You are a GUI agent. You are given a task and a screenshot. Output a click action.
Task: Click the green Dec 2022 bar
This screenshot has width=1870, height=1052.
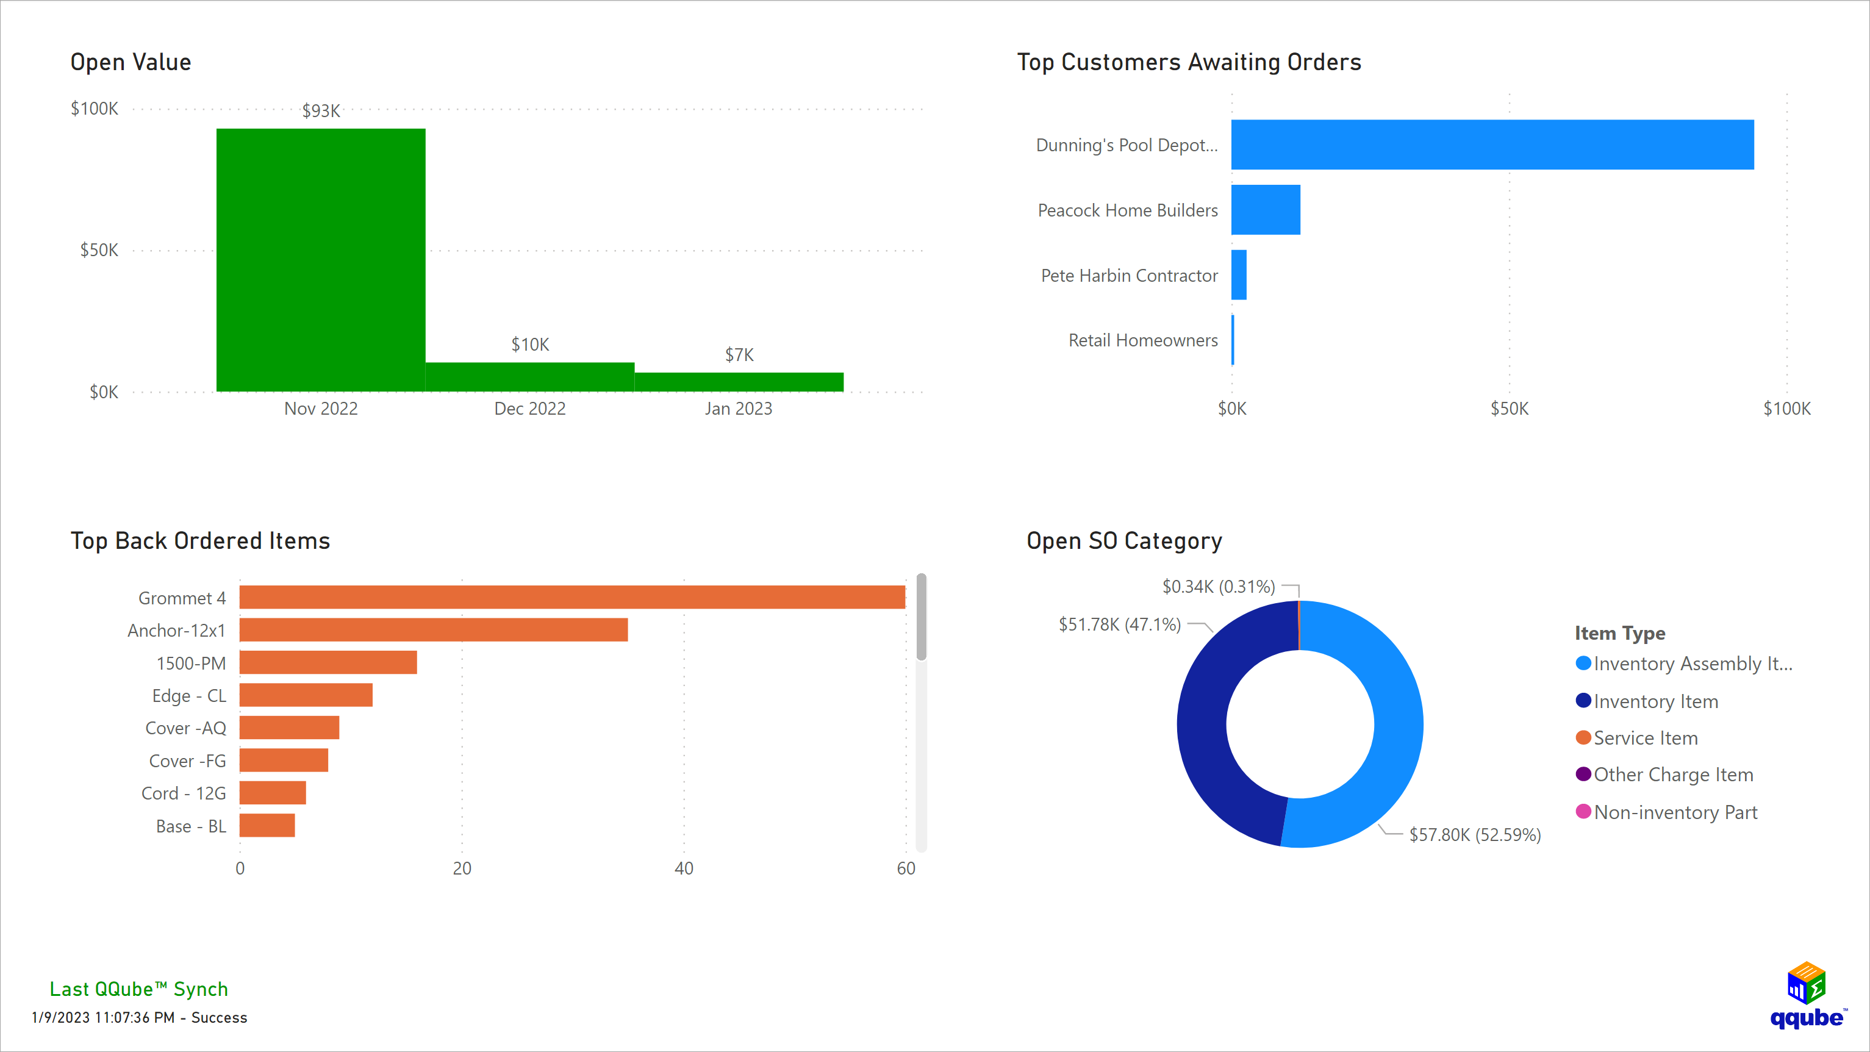530,377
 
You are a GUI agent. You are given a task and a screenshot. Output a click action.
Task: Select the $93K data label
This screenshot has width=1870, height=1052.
321,110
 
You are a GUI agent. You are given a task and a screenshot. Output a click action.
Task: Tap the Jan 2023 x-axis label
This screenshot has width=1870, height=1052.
738,409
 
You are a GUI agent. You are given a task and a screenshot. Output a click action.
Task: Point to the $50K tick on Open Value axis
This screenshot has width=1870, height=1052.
99,251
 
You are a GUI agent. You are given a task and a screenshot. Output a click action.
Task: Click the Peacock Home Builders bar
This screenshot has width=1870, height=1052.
1266,210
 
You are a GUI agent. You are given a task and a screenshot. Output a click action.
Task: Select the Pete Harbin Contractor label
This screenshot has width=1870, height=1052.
1129,276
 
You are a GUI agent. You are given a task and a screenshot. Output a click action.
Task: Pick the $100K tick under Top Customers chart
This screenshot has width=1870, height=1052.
1786,409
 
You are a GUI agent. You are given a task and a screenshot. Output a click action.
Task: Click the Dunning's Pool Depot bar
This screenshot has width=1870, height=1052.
1492,145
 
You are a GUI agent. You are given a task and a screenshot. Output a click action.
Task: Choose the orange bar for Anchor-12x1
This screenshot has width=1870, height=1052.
434,629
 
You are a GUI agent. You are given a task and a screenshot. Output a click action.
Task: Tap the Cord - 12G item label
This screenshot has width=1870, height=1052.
184,793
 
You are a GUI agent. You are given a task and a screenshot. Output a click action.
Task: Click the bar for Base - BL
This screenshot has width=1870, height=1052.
267,826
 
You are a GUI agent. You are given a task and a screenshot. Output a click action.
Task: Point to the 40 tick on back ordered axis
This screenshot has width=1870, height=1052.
684,868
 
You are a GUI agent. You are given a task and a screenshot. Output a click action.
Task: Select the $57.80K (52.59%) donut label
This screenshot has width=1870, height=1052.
1474,835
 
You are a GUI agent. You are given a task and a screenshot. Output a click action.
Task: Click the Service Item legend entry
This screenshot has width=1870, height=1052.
1645,739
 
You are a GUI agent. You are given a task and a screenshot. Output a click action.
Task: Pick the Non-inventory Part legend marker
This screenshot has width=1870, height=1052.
1583,812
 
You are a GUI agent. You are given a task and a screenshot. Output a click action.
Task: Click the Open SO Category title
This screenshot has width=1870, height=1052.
1123,541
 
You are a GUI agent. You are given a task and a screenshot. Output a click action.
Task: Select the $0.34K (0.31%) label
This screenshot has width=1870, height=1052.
1218,587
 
